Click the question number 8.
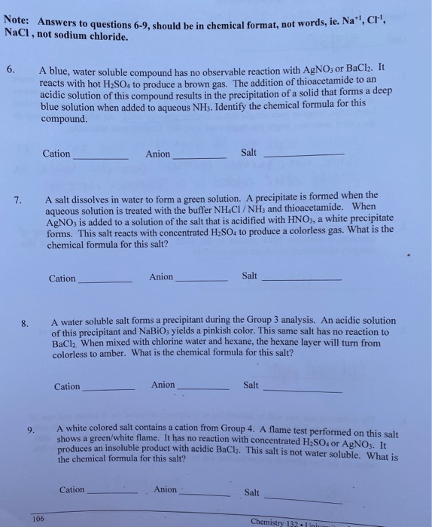coord(25,324)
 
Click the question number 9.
coord(31,430)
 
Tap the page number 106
coord(38,518)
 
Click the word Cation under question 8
coord(67,387)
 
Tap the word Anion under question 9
coord(166,489)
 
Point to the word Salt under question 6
coord(249,153)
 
